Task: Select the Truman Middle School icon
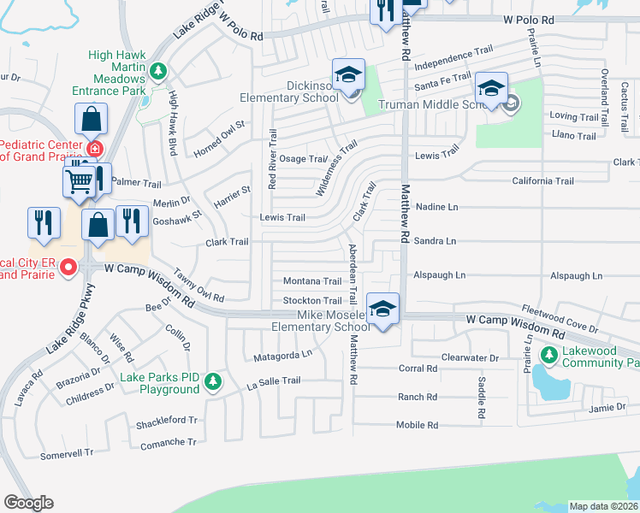pos(492,89)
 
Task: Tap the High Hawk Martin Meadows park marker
pos(157,70)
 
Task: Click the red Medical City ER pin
pos(68,268)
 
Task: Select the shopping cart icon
pos(79,180)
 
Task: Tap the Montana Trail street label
pos(312,281)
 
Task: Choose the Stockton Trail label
pos(312,301)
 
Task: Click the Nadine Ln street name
pos(436,207)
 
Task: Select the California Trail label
pos(542,181)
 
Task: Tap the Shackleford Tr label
pos(168,422)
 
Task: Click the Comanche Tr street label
pos(169,442)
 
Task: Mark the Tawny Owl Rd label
pos(199,286)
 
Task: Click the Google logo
pos(28,503)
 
